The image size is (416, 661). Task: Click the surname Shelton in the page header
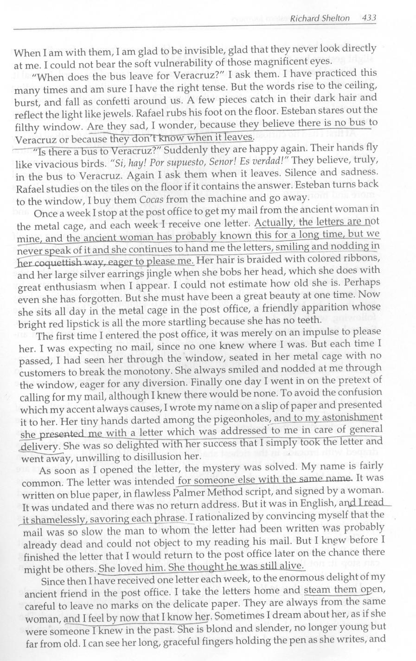tap(333, 19)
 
